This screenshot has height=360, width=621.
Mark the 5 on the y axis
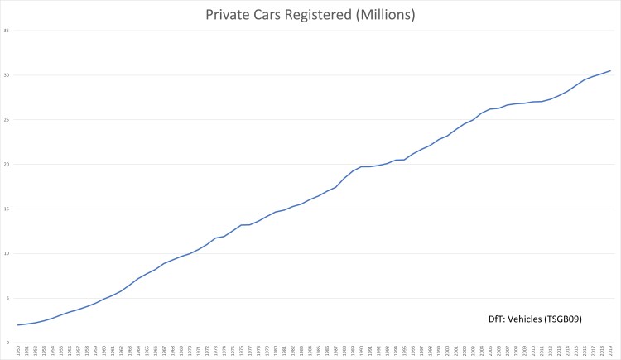click(x=7, y=299)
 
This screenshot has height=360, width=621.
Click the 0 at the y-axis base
click(x=7, y=343)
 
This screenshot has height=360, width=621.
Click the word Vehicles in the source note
click(x=531, y=319)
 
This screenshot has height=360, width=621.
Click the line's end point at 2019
click(x=610, y=70)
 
